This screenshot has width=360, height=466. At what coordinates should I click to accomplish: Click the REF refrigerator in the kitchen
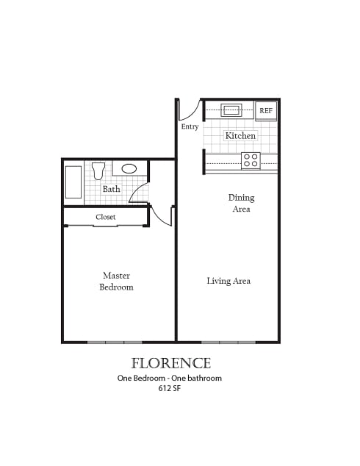tap(266, 111)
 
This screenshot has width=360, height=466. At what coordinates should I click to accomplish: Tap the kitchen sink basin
tap(231, 110)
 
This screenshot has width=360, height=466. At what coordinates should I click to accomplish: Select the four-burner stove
tap(251, 161)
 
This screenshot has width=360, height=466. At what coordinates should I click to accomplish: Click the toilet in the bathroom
tap(98, 171)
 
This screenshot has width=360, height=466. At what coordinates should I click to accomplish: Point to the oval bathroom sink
tap(129, 169)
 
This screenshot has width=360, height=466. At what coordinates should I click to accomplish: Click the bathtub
tap(73, 182)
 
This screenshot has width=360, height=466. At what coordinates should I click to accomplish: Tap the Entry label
tap(190, 127)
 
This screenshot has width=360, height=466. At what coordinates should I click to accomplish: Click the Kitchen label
tap(240, 136)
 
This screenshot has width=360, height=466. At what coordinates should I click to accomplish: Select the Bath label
tap(112, 189)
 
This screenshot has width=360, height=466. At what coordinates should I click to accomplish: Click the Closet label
tap(106, 217)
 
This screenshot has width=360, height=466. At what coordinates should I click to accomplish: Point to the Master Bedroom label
tap(116, 282)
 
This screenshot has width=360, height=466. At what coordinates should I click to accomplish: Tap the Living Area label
tap(228, 281)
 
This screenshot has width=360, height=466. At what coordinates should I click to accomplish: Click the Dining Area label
tap(241, 204)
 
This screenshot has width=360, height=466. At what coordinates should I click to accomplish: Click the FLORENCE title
tap(171, 363)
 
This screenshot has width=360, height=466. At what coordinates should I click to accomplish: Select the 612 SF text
tap(169, 388)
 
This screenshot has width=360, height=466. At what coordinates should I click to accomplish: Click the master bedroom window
tap(115, 343)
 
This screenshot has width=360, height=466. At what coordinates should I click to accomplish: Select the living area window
tap(228, 343)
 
